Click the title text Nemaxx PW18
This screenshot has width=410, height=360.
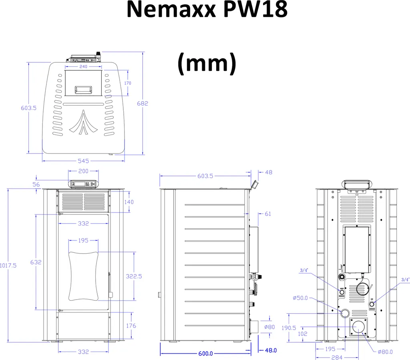pyautogui.click(x=207, y=10)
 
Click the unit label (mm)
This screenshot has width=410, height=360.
pyautogui.click(x=207, y=64)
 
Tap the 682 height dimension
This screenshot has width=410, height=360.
pyautogui.click(x=142, y=103)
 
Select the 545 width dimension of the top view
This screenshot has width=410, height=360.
pyautogui.click(x=83, y=161)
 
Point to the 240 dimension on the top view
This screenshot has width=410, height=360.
pyautogui.click(x=83, y=67)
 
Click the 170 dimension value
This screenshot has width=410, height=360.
pyautogui.click(x=128, y=83)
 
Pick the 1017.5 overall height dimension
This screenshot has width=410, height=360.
pyautogui.click(x=8, y=265)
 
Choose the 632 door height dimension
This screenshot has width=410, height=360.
pyautogui.click(x=36, y=262)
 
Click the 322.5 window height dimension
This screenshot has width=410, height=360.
pyautogui.click(x=134, y=276)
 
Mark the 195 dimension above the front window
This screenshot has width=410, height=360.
pyautogui.click(x=83, y=240)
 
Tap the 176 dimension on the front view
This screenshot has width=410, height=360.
pyautogui.click(x=131, y=326)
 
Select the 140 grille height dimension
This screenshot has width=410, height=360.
pyautogui.click(x=129, y=202)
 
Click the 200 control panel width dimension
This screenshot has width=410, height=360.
pyautogui.click(x=83, y=171)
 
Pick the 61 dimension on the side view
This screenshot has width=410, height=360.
pyautogui.click(x=268, y=214)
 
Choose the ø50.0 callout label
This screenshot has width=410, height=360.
pyautogui.click(x=300, y=298)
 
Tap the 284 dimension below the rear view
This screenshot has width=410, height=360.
pyautogui.click(x=331, y=357)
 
